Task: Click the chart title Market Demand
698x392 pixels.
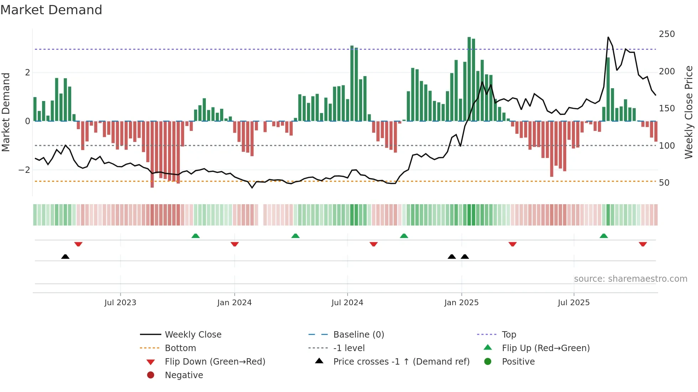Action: click(51, 10)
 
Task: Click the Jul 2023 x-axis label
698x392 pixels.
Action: click(120, 303)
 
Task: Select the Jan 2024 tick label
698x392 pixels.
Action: click(234, 303)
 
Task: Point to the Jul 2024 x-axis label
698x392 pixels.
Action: click(347, 303)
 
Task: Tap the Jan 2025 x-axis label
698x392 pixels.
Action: click(462, 303)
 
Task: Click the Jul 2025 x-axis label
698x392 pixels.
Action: click(574, 303)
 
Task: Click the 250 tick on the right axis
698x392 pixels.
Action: click(667, 34)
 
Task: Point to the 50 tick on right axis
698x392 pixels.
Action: click(664, 183)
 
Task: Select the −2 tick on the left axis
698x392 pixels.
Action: click(24, 170)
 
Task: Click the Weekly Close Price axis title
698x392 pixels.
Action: click(689, 112)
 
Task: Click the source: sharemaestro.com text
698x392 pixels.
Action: click(630, 279)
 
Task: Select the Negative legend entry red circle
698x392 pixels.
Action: click(151, 375)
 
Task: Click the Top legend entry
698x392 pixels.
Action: click(509, 335)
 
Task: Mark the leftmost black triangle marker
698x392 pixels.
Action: click(65, 256)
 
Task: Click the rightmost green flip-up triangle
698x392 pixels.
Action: click(604, 236)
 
